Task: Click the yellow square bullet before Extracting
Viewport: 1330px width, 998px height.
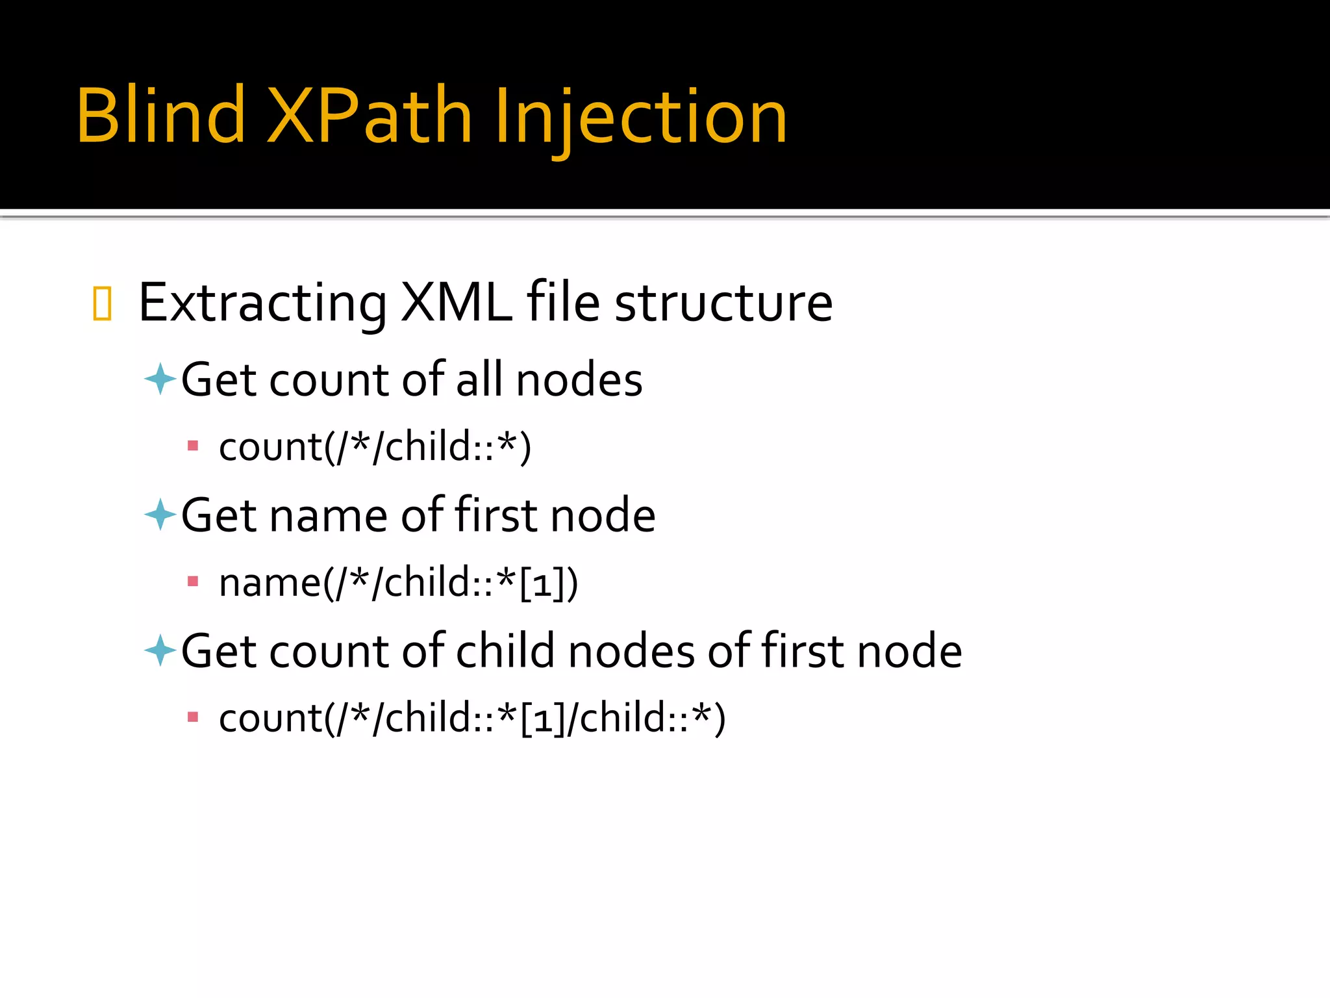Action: (x=102, y=303)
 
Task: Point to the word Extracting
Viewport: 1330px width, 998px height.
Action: (x=262, y=303)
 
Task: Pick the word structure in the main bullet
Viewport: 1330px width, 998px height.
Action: (x=723, y=303)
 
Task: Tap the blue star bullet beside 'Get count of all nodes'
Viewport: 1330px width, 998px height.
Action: (x=160, y=379)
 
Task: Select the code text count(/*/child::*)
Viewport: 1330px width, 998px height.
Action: (x=375, y=447)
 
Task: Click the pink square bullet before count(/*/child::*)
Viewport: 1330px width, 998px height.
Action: (x=192, y=446)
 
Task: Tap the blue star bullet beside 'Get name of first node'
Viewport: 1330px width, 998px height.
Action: (x=160, y=515)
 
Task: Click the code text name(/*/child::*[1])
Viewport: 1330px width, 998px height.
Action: (x=398, y=583)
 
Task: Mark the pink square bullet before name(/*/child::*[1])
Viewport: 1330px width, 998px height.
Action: (x=192, y=582)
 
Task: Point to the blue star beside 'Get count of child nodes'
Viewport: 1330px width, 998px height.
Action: (x=160, y=650)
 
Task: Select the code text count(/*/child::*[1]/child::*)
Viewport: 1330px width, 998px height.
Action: (x=472, y=719)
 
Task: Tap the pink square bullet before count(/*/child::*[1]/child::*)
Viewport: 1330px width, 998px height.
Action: (x=192, y=717)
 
